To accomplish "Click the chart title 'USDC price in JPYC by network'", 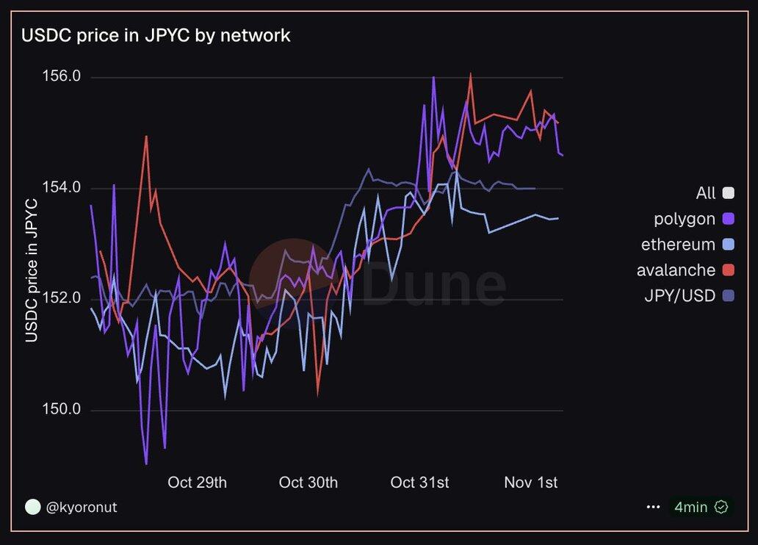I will pyautogui.click(x=156, y=35).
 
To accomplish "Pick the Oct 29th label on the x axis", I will pyautogui.click(x=197, y=483).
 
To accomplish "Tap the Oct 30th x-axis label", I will pyautogui.click(x=308, y=483).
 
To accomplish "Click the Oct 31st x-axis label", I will pyautogui.click(x=419, y=483).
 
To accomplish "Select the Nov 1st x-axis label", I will pyautogui.click(x=530, y=483).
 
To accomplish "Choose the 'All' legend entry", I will pyautogui.click(x=706, y=193).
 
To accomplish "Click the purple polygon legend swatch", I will pyautogui.click(x=729, y=219).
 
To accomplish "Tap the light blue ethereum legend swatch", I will pyautogui.click(x=729, y=245).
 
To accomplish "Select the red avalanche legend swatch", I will pyautogui.click(x=729, y=270).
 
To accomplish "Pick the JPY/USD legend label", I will pyautogui.click(x=679, y=296).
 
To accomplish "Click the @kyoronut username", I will pyautogui.click(x=82, y=508).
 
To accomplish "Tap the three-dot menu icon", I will pyautogui.click(x=653, y=508).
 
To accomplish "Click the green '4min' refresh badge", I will pyautogui.click(x=701, y=508).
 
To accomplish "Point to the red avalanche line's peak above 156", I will pyautogui.click(x=470, y=74).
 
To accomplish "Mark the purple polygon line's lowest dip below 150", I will pyautogui.click(x=146, y=463).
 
